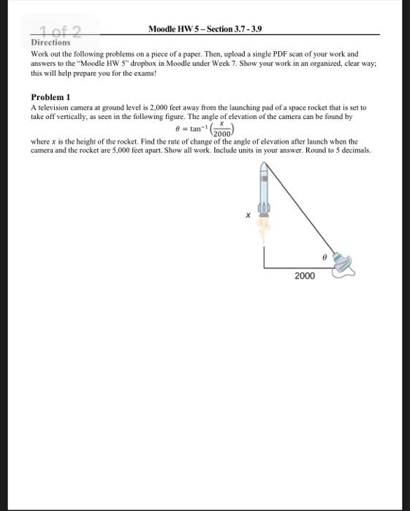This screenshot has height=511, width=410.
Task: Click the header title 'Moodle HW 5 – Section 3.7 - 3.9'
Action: point(205,29)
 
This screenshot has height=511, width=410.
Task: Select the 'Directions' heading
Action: point(50,42)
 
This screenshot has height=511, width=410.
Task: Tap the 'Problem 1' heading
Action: point(51,97)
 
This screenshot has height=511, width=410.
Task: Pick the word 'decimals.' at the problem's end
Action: point(355,150)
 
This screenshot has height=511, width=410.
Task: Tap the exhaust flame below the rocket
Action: point(264,228)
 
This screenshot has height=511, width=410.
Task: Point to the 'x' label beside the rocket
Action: point(248,215)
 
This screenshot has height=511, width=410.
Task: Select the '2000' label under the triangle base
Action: point(304,276)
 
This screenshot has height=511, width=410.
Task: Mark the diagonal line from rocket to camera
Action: point(300,212)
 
